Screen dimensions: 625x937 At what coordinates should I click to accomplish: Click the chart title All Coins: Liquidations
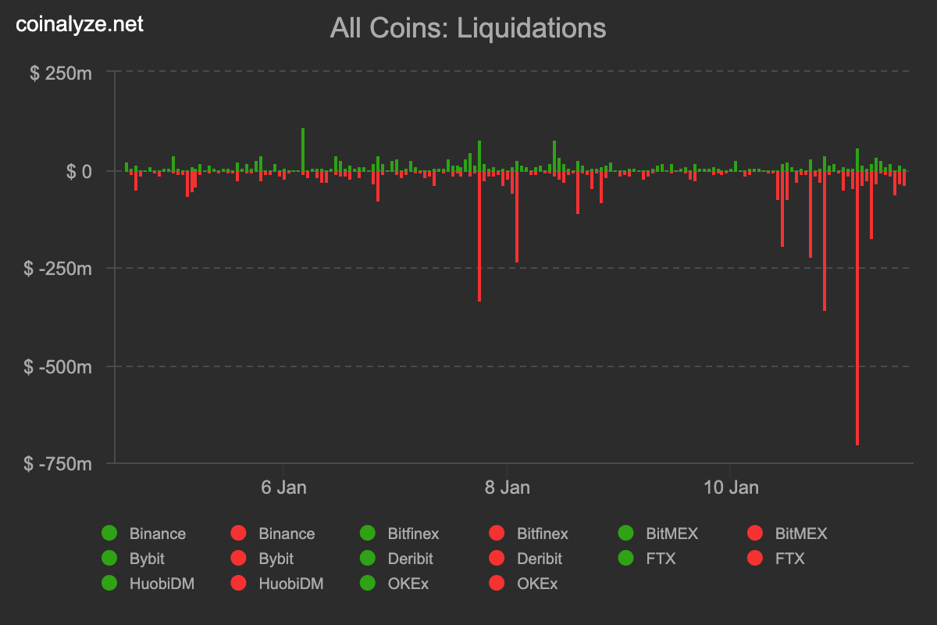(468, 28)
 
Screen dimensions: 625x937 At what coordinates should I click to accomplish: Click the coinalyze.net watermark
(80, 24)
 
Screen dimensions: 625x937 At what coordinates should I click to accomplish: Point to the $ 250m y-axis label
(61, 73)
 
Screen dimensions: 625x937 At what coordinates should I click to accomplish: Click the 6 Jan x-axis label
(283, 487)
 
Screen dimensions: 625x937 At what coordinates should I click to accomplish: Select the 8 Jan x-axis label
(507, 487)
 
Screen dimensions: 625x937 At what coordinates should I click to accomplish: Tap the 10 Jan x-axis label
(731, 487)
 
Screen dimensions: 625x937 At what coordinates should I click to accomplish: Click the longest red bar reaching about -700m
(857, 312)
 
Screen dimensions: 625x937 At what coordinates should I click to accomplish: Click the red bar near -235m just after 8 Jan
(516, 219)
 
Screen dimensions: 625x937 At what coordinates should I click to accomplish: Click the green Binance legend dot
(109, 534)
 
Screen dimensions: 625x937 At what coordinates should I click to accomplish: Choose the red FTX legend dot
(755, 559)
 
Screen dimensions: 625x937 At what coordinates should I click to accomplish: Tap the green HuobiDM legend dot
(109, 584)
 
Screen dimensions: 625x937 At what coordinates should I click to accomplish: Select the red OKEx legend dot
(497, 584)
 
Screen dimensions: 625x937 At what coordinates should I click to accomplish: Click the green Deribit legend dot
(368, 559)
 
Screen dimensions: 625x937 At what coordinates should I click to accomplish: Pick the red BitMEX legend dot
(755, 534)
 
